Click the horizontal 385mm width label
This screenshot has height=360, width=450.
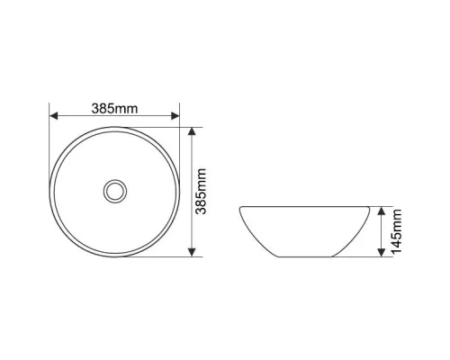tap(114, 109)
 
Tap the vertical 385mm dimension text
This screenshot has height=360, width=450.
tap(201, 192)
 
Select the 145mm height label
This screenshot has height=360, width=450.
tap(396, 231)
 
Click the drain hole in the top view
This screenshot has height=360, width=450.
tap(115, 191)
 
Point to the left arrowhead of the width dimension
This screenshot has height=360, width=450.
tap(53, 116)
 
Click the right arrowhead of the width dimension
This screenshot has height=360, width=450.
tap(175, 116)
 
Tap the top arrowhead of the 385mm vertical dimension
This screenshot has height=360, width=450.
tap(192, 131)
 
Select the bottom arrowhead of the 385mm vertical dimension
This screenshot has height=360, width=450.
tap(192, 252)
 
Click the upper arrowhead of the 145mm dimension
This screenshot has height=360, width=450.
tap(381, 211)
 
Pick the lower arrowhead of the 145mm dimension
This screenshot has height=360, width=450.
tap(381, 253)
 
